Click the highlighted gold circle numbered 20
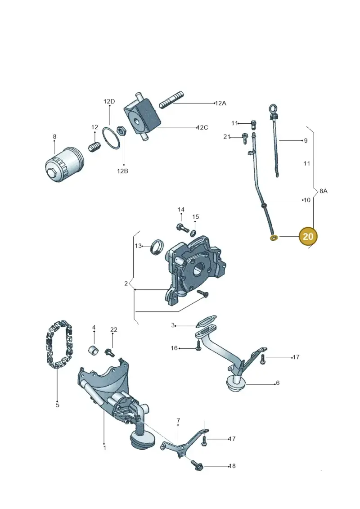(308, 236)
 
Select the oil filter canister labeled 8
(64, 164)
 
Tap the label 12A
(220, 103)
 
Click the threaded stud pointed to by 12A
(172, 99)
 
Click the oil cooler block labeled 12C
(142, 117)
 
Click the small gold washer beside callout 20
(274, 238)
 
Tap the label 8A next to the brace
(323, 191)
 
